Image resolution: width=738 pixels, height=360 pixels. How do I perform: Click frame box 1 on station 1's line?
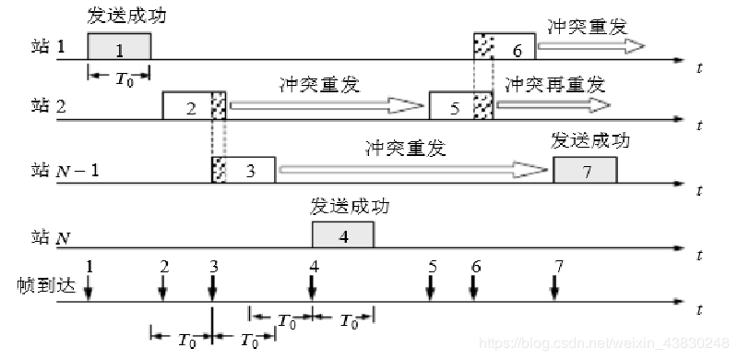119,47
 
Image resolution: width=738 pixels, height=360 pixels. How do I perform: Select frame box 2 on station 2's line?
188,105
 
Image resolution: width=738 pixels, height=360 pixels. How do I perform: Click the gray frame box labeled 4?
342,234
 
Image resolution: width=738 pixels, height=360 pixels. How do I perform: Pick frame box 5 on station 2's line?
452,105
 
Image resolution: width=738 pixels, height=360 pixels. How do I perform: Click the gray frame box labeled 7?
585,169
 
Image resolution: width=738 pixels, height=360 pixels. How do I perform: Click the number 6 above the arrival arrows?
475,266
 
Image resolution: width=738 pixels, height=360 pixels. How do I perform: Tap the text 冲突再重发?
554,84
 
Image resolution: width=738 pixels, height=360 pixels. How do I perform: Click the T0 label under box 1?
120,78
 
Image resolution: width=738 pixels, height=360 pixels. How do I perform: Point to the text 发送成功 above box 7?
590,140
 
